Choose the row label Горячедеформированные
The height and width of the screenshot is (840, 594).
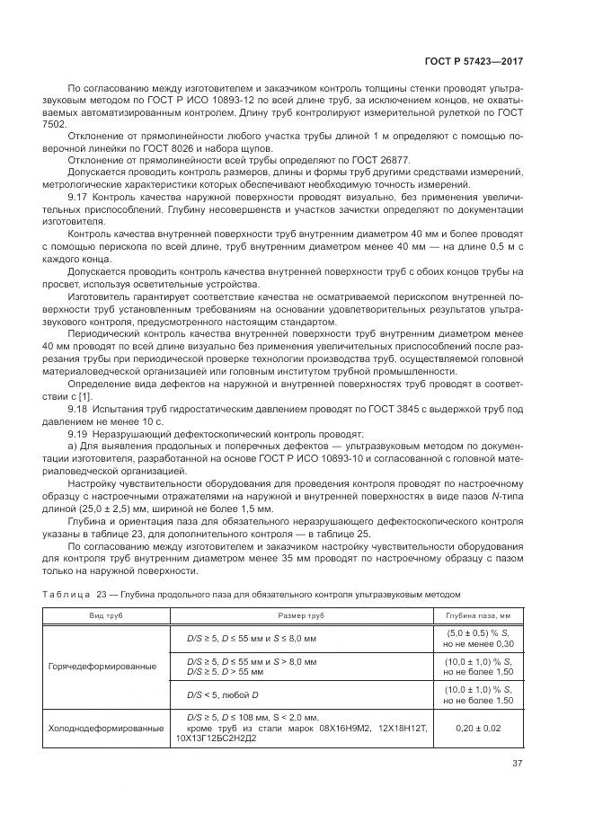[102, 666]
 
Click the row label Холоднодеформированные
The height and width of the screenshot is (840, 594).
[106, 729]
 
